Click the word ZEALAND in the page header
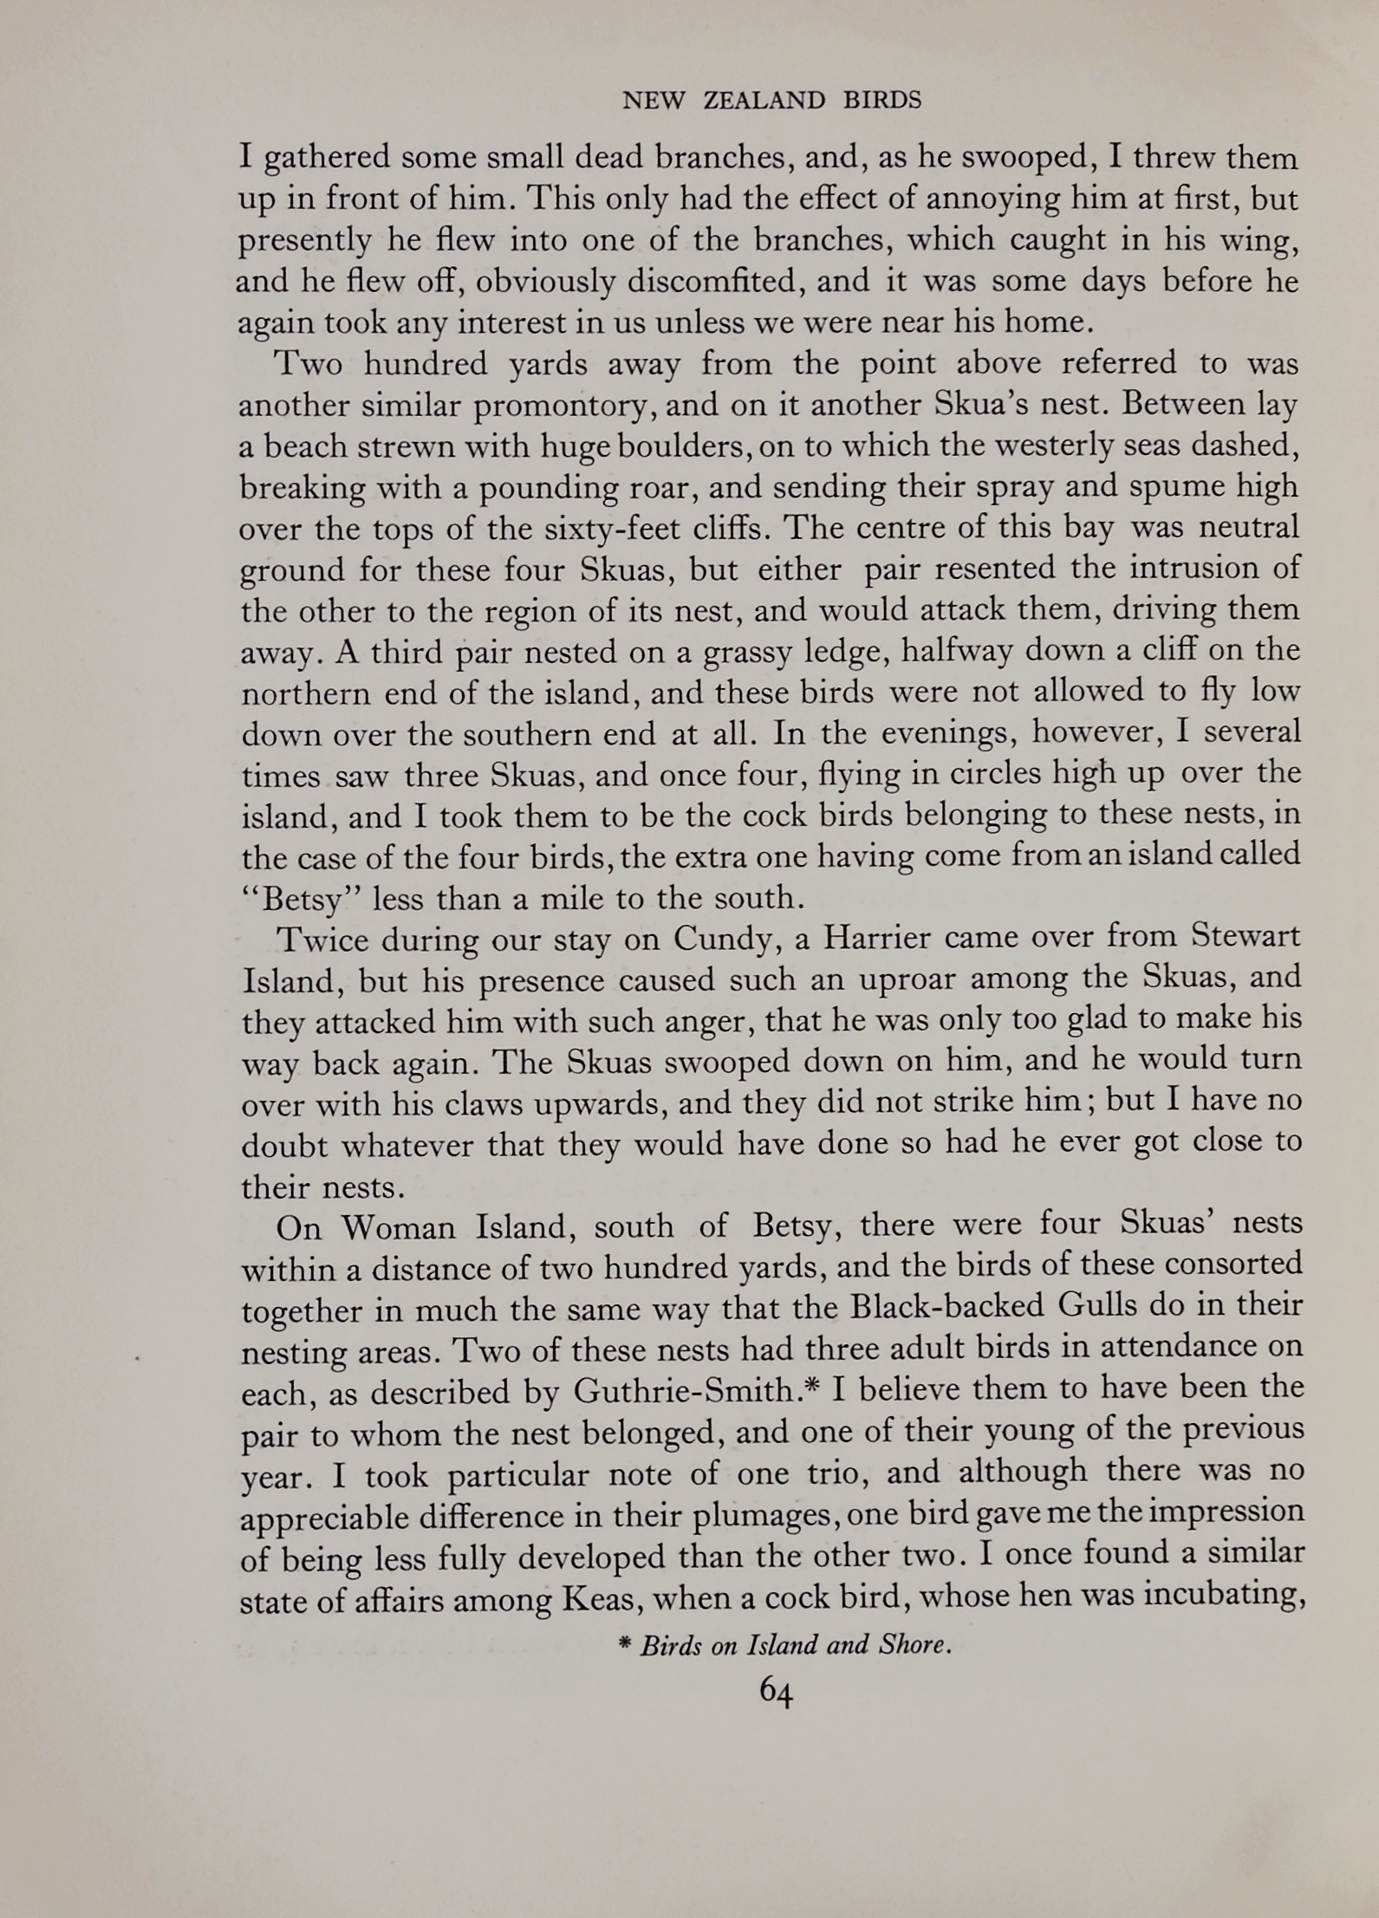pyautogui.click(x=764, y=101)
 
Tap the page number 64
pyautogui.click(x=775, y=1691)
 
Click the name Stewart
pyautogui.click(x=1246, y=937)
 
